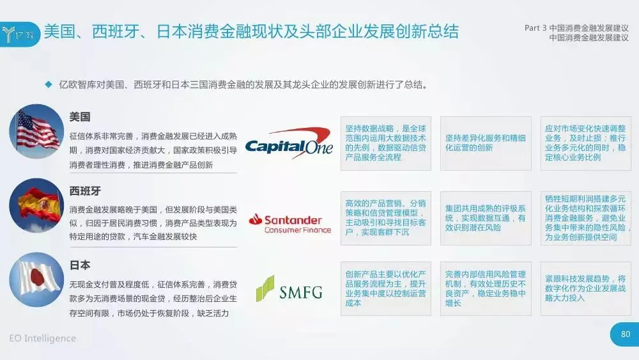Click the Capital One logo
289,143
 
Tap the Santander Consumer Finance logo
289,222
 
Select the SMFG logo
289,290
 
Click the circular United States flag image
36,131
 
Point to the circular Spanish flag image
36,205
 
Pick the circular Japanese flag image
36,279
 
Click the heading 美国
80,117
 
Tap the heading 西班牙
85,191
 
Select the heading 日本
80,265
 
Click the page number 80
625,333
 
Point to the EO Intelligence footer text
43,338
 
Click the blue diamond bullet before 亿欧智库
47,84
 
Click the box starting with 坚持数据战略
385,143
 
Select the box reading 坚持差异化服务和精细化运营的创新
486,143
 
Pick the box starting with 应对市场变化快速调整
585,143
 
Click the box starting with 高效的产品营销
385,217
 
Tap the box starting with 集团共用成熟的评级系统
486,217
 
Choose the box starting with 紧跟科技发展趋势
585,288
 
